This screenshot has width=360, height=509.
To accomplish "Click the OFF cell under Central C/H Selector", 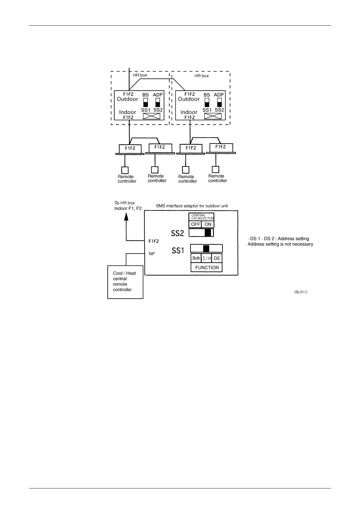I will tap(195, 224).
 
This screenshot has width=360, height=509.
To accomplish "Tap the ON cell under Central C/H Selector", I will tap(208, 224).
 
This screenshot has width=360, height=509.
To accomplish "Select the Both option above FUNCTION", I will tap(196, 258).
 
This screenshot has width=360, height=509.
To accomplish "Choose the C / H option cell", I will tap(207, 258).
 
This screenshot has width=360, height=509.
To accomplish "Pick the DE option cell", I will tap(217, 258).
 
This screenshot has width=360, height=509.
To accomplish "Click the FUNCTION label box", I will tap(207, 267).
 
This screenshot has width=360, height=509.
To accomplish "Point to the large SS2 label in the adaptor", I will tap(178, 233).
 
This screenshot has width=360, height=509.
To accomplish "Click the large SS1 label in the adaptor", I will tap(178, 251).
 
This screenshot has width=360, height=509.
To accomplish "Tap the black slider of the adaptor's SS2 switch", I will tap(208, 233).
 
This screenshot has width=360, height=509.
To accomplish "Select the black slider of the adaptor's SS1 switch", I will tap(206, 249).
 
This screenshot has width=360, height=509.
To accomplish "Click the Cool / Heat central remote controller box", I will tap(125, 282).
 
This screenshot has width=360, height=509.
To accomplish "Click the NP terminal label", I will tap(152, 254).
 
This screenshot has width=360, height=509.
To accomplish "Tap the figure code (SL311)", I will tap(301, 292).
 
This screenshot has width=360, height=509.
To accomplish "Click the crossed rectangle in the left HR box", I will tap(151, 116).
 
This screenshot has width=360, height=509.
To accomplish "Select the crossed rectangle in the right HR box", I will tap(213, 116).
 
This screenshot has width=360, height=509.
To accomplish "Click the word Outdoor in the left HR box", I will tap(127, 99).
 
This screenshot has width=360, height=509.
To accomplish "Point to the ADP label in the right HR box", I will tap(219, 95).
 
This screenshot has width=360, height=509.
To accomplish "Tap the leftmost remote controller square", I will tap(125, 170).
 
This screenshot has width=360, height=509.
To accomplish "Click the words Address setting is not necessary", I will tap(280, 244).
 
